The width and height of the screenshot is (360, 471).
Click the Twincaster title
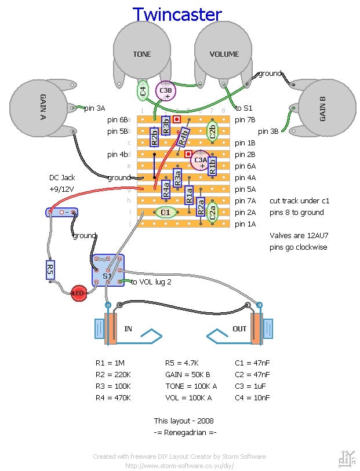pyautogui.click(x=177, y=14)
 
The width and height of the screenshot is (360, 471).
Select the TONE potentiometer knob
pyautogui.click(x=141, y=54)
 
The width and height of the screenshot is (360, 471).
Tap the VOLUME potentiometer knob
pyautogui.click(x=224, y=54)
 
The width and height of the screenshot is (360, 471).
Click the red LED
pyautogui.click(x=78, y=293)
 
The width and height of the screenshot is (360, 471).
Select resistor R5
pyautogui.click(x=50, y=268)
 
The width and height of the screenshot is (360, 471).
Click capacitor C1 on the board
pyautogui.click(x=166, y=213)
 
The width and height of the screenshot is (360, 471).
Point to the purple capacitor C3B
pyautogui.click(x=166, y=90)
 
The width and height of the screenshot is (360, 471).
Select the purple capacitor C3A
pyautogui.click(x=201, y=160)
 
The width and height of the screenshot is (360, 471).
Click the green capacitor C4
pyautogui.click(x=143, y=90)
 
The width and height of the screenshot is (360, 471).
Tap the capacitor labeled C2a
pyautogui.click(x=213, y=211)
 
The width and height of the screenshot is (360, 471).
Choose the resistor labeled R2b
pyautogui.click(x=154, y=136)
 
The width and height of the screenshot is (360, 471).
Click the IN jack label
pyautogui.click(x=128, y=328)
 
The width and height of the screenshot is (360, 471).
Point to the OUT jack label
pyautogui.click(x=239, y=328)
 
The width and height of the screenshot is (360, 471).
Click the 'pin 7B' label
pyautogui.click(x=245, y=120)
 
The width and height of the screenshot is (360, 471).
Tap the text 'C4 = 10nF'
pyautogui.click(x=252, y=398)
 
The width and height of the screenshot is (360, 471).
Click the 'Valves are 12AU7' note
pyautogui.click(x=298, y=236)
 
